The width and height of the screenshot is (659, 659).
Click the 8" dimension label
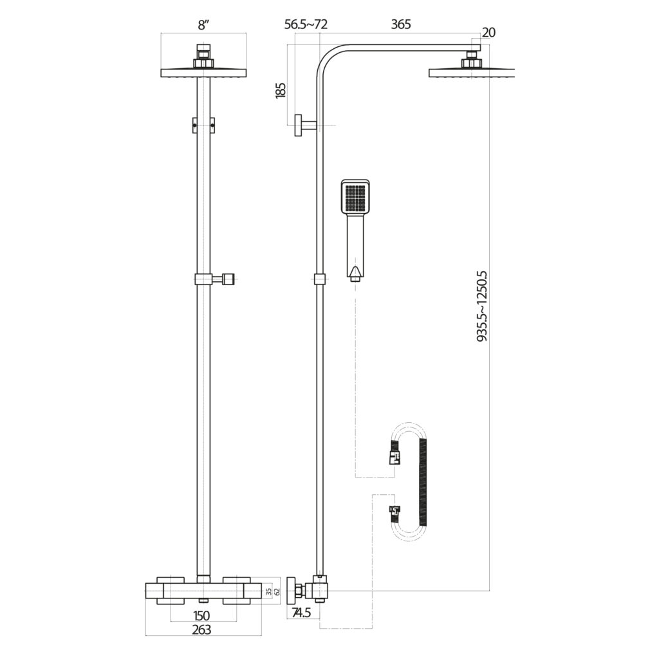coord(203,26)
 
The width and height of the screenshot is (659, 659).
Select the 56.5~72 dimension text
coord(306,24)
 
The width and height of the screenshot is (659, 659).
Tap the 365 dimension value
coord(400,24)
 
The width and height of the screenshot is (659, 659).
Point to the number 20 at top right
coord(488,32)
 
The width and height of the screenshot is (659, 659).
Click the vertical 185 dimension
coord(281,90)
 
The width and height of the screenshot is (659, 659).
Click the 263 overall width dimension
coord(202,630)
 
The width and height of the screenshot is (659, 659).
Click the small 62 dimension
coord(277,590)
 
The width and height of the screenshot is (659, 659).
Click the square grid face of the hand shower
coord(355,198)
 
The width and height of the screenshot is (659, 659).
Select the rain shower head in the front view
coord(203,71)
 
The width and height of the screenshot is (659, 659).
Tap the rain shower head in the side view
coord(472,71)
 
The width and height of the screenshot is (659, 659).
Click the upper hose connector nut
coord(393,457)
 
